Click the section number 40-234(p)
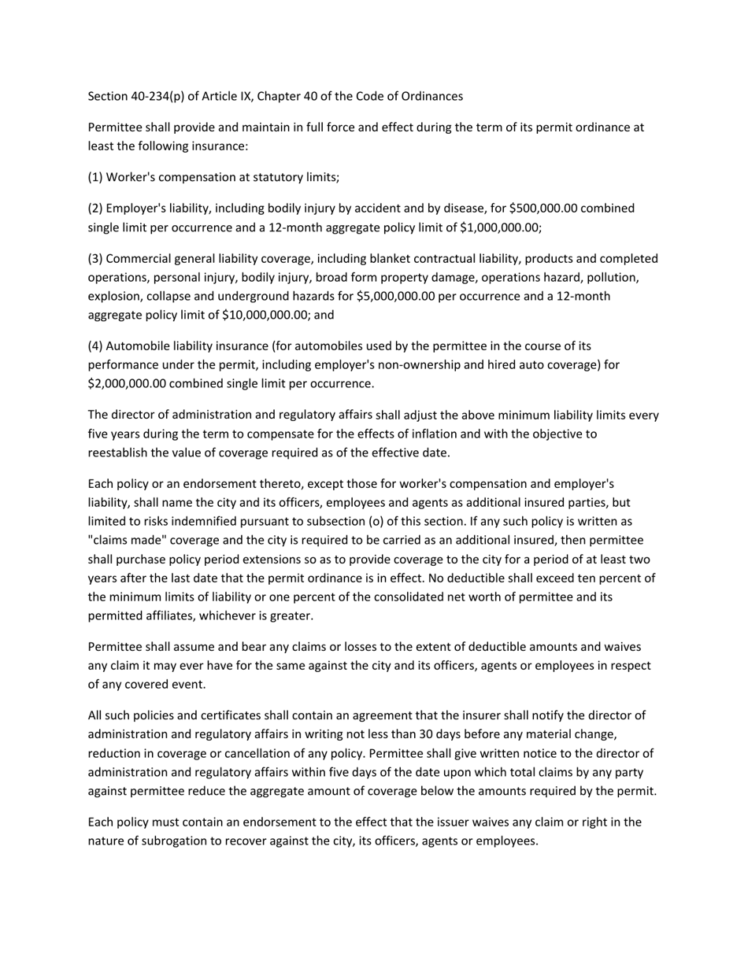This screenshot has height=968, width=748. [158, 96]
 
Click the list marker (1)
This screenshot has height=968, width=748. [95, 177]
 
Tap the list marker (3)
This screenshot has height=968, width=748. [95, 259]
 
